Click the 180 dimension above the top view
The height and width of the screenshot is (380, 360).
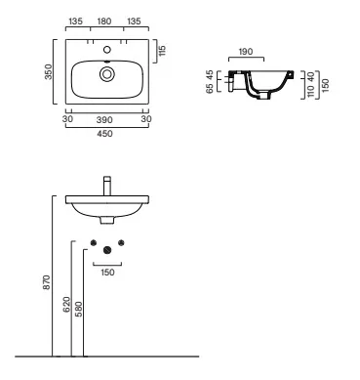coord(104,21)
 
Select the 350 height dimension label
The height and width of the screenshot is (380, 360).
coord(48,71)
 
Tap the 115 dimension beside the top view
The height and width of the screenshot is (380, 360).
coord(162,51)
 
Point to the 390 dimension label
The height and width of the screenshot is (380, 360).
coord(104,120)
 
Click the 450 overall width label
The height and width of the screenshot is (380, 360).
coord(104,134)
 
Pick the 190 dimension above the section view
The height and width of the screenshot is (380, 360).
coord(246,52)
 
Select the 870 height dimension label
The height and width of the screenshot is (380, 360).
coord(47,282)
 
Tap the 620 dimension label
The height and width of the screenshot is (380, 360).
coord(66,305)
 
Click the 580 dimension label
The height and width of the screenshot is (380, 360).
coord(79,309)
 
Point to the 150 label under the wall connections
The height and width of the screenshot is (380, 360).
coord(107,273)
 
